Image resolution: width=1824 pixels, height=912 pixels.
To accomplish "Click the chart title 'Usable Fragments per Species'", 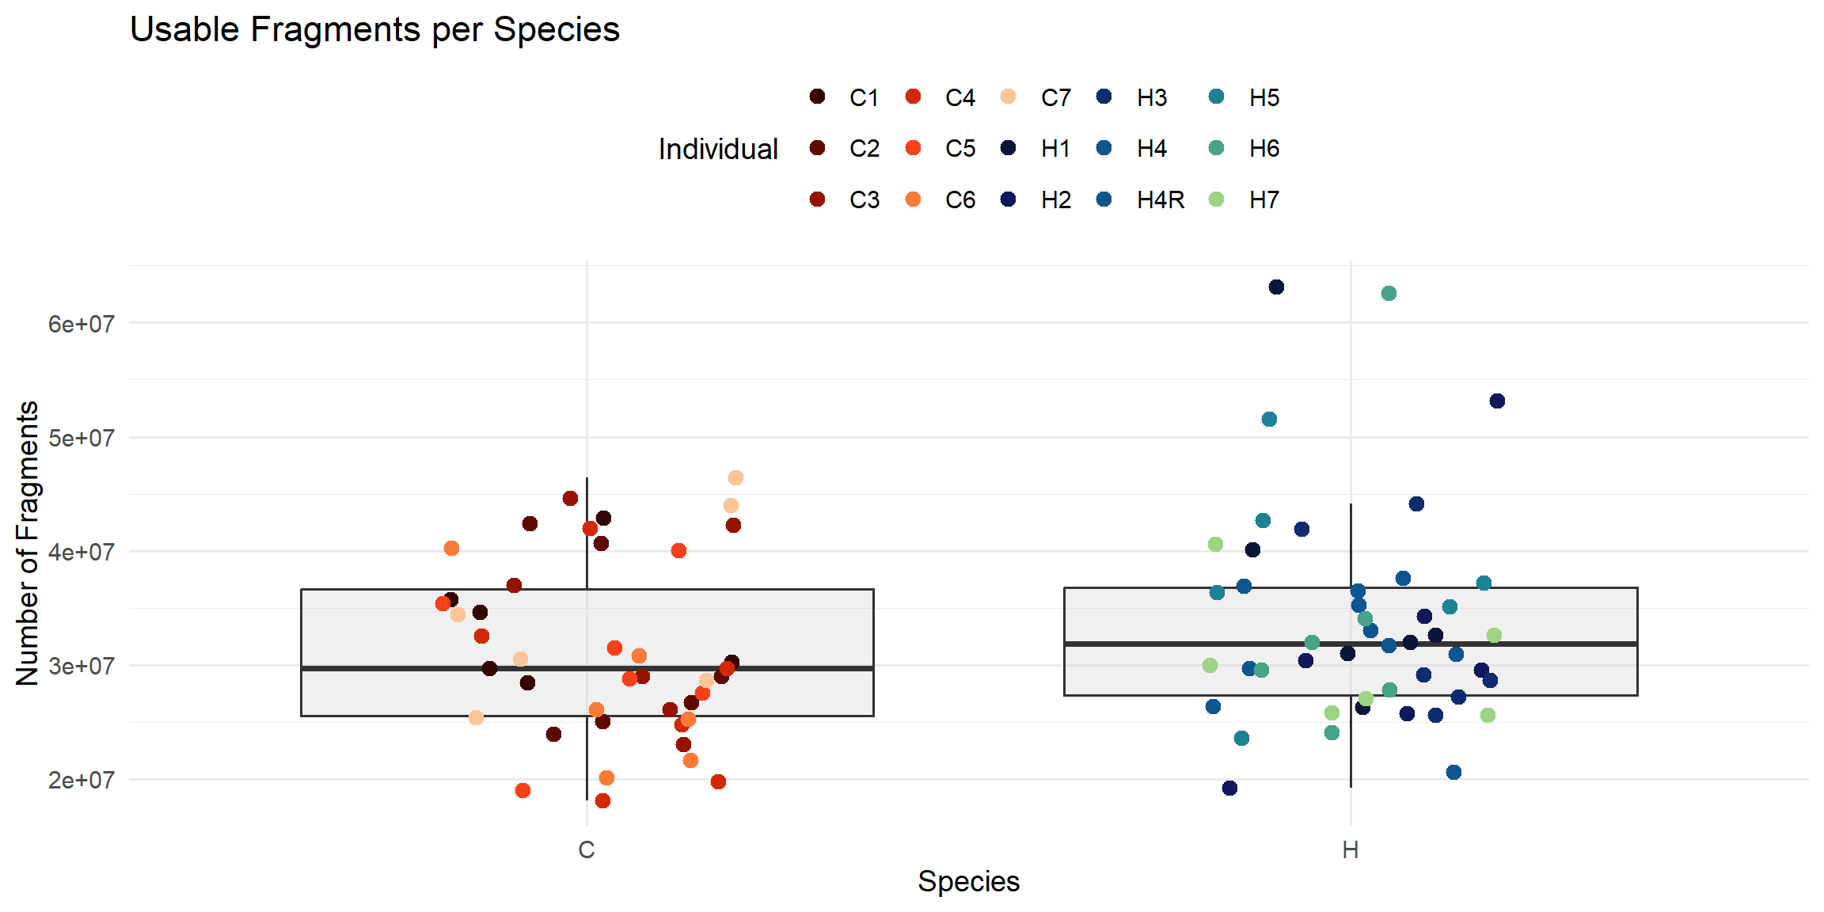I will pyautogui.click(x=374, y=30).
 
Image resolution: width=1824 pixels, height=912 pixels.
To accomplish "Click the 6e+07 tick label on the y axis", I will pyautogui.click(x=81, y=324).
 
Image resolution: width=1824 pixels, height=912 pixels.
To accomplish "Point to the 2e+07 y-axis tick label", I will pyautogui.click(x=81, y=781).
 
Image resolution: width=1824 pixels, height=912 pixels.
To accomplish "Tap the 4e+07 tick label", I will pyautogui.click(x=81, y=552).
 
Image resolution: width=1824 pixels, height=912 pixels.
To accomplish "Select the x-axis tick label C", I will pyautogui.click(x=587, y=850).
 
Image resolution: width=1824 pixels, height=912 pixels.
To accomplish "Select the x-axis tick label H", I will pyautogui.click(x=1351, y=850).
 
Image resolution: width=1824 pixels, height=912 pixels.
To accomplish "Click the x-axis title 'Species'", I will pyautogui.click(x=968, y=882).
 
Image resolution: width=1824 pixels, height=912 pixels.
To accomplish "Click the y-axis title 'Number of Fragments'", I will pyautogui.click(x=28, y=543).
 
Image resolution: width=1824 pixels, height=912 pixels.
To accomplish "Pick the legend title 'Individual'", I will pyautogui.click(x=718, y=149).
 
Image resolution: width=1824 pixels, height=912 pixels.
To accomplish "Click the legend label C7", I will pyautogui.click(x=1056, y=98).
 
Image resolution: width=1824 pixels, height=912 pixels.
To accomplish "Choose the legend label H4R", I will pyautogui.click(x=1161, y=200).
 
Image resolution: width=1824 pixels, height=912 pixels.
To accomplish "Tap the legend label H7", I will pyautogui.click(x=1264, y=200).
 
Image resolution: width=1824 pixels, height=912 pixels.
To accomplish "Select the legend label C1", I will pyautogui.click(x=864, y=98).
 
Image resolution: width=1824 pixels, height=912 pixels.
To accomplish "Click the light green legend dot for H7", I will pyautogui.click(x=1217, y=199).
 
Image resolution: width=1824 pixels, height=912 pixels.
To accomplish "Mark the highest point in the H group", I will pyautogui.click(x=1276, y=287).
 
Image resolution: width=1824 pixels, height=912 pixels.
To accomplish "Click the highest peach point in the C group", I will pyautogui.click(x=735, y=477).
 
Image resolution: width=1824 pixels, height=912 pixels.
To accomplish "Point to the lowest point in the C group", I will pyautogui.click(x=602, y=800).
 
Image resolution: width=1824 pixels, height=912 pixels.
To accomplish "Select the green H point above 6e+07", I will pyautogui.click(x=1389, y=294).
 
